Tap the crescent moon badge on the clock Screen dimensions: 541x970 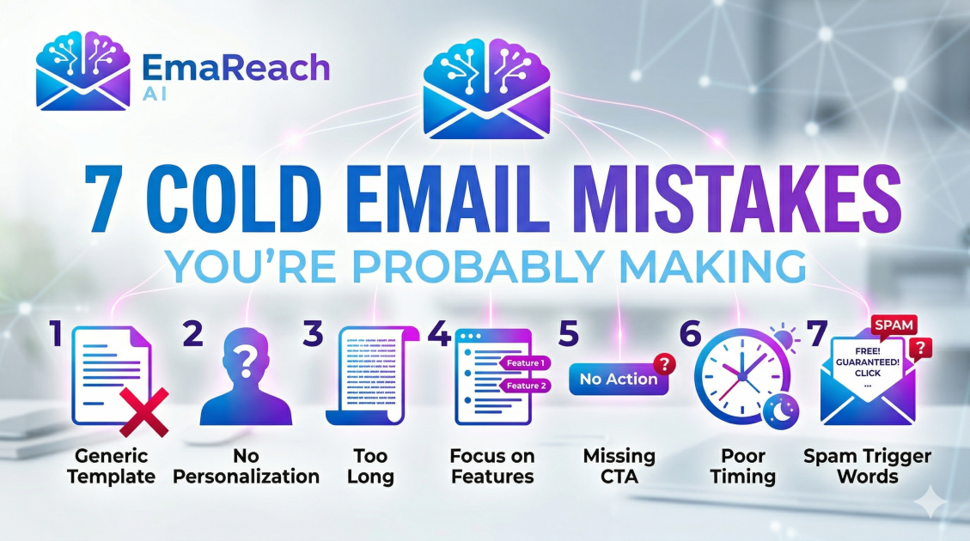pyautogui.click(x=779, y=411)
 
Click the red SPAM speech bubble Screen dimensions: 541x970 pyautogui.click(x=894, y=326)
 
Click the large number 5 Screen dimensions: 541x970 pyautogui.click(x=569, y=335)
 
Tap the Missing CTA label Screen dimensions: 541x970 pyautogui.click(x=619, y=466)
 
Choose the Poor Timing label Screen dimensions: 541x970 pyautogui.click(x=743, y=466)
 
